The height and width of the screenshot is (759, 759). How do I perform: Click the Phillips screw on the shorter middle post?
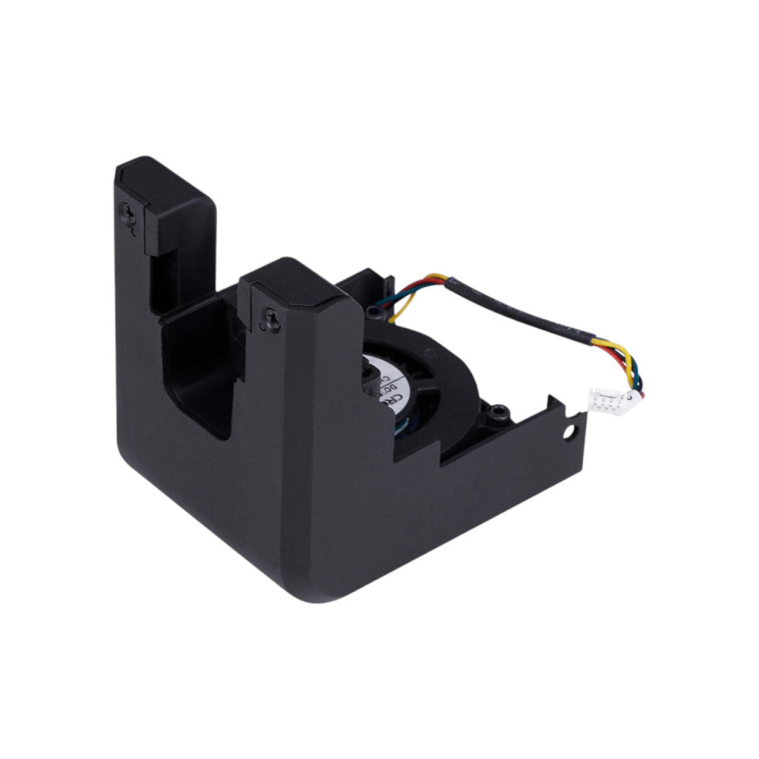(x=271, y=320)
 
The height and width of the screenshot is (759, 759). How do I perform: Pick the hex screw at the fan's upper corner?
(x=373, y=310)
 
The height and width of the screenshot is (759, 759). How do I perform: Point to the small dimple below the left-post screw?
(x=134, y=234)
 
